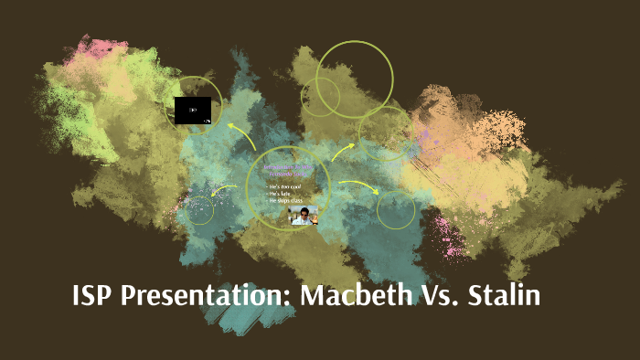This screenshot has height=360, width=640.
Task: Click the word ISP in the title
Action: pos(92,298)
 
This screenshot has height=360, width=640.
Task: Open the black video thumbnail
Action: pos(193,111)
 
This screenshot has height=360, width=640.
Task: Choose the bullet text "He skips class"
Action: pos(286,201)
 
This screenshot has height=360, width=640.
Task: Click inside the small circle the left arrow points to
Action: pos(199,210)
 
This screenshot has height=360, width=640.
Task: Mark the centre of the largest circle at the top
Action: pos(355,79)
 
